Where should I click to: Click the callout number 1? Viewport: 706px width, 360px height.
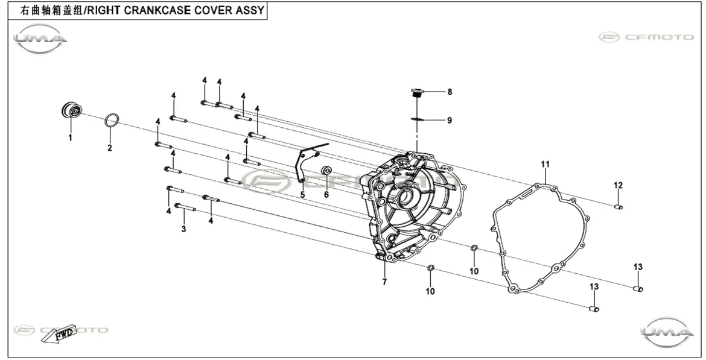tap(70, 137)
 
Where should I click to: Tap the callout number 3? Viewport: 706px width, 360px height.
tap(183, 229)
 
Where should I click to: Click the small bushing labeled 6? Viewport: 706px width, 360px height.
tap(326, 171)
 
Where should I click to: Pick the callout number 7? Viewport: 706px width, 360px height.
tap(384, 282)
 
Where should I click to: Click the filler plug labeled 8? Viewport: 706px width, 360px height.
tap(416, 93)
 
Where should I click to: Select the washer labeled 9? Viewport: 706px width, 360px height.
tap(417, 119)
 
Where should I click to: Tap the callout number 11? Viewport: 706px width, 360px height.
tap(545, 164)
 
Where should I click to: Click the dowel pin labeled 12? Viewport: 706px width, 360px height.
tap(619, 207)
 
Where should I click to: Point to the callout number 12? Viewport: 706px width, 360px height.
tap(618, 185)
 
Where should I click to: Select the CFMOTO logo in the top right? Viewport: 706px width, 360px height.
tap(647, 37)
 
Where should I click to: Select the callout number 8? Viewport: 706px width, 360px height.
tap(450, 92)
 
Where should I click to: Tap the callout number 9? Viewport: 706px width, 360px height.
tap(450, 120)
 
